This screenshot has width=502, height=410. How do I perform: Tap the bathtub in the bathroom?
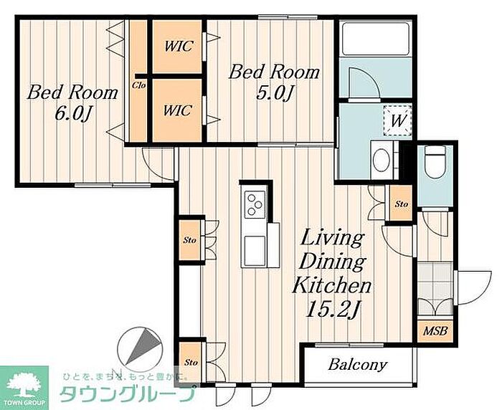click(375, 39)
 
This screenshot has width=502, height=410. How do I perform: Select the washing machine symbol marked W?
click(397, 120)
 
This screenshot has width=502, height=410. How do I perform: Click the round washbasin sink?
click(382, 159)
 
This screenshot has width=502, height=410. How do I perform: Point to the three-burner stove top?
click(255, 205)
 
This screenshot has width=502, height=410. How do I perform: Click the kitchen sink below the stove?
click(255, 250)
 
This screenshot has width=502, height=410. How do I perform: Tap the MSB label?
click(435, 330)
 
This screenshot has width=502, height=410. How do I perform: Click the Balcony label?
click(358, 364)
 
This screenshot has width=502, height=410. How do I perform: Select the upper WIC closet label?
click(179, 46)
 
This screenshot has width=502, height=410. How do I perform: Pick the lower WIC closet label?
click(177, 110)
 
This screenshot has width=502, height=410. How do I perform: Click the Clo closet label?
click(139, 85)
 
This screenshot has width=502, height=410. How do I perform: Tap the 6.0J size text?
click(73, 113)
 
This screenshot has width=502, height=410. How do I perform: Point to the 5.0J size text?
click(275, 93)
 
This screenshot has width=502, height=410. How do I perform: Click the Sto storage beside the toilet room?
click(401, 204)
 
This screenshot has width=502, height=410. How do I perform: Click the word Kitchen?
click(331, 285)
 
